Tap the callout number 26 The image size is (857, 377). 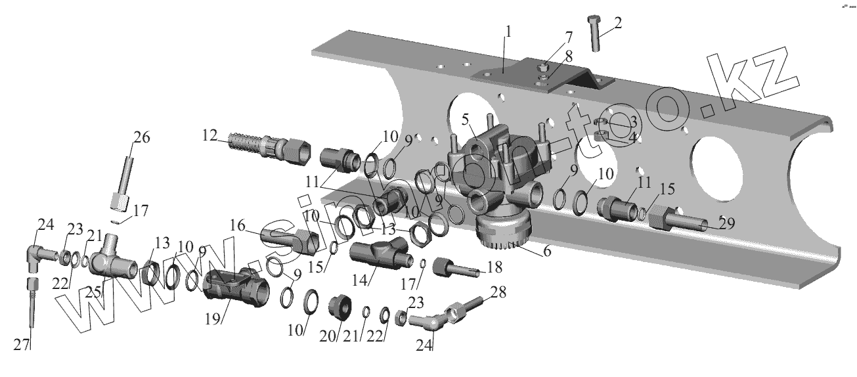click(x=142, y=138)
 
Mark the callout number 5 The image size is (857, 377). click(x=464, y=120)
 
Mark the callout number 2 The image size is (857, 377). click(x=617, y=23)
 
